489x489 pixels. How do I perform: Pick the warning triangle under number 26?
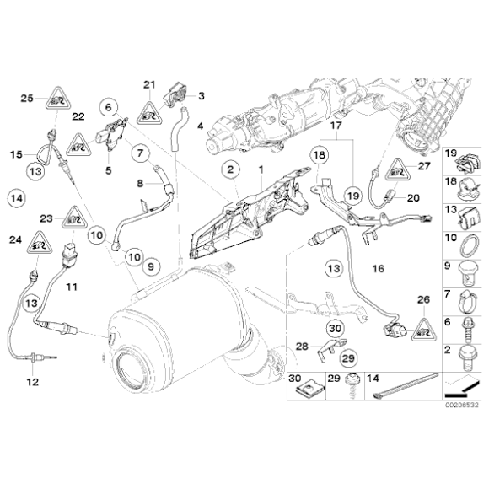pyautogui.click(x=425, y=325)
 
